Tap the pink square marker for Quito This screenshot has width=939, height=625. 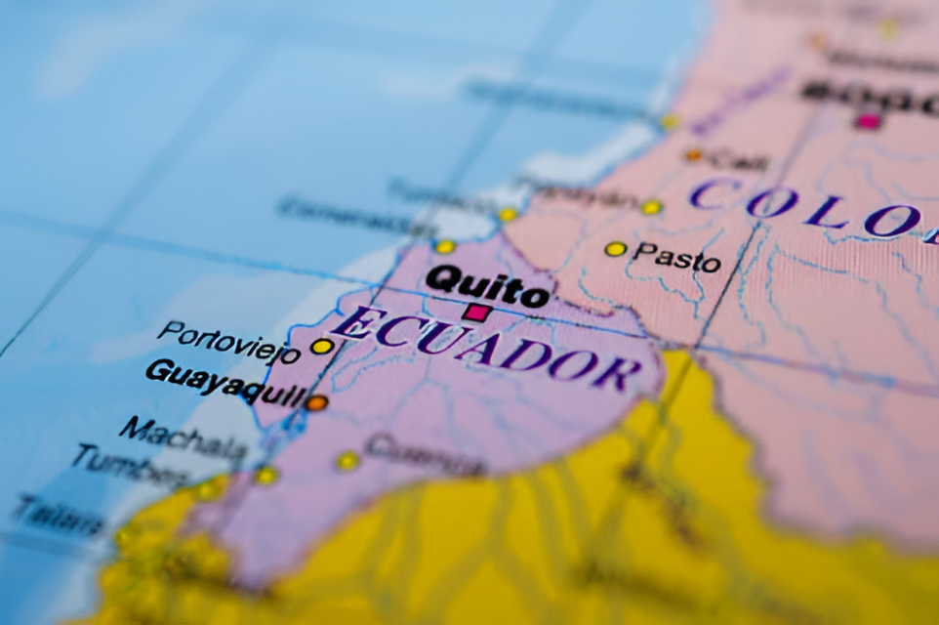pos(476,312)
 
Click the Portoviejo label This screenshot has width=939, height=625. pos(228,341)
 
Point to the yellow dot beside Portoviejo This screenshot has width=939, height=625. pos(321,346)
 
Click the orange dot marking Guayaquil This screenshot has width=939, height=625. pos(316,402)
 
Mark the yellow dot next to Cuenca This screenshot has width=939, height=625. pos(347,460)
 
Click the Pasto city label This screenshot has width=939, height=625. pos(675,258)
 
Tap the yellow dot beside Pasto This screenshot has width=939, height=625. pos(615,249)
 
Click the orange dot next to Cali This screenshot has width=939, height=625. pos(694,154)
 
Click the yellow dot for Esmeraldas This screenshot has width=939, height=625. pos(445,246)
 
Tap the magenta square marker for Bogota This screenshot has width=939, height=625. pos(868,121)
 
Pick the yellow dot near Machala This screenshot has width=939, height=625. pos(265,475)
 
